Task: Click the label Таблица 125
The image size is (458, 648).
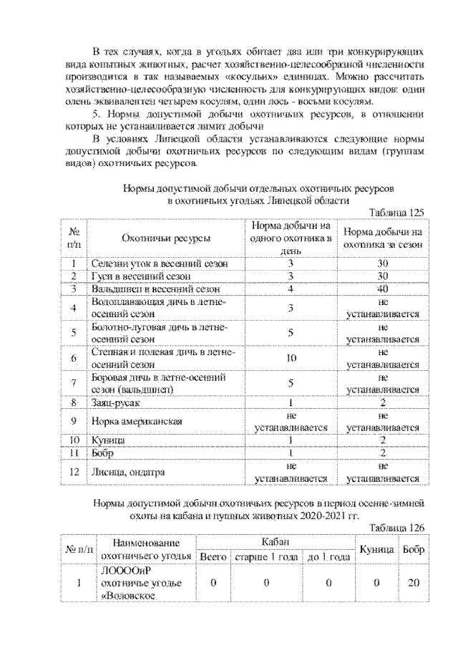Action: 396,213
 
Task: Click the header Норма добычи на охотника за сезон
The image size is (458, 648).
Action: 382,238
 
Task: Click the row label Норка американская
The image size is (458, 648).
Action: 132,420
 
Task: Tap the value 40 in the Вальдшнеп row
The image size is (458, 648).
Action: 382,289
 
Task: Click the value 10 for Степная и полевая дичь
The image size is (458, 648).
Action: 291,357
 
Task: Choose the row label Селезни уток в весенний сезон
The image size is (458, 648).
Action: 160,263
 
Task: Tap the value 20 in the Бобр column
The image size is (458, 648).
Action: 413,583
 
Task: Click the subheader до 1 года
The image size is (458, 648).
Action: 328,556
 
